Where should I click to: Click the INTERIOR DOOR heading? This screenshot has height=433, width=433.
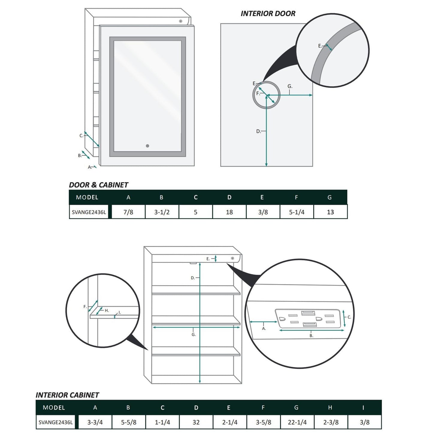(x=268, y=13)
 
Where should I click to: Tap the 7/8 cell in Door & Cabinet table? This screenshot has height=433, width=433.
(x=128, y=212)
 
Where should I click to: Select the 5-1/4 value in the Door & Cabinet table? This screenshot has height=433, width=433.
(x=297, y=212)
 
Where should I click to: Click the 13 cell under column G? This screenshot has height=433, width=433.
(x=330, y=212)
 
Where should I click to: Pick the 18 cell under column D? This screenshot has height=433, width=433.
(x=229, y=212)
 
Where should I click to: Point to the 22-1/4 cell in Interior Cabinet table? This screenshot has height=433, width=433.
(x=297, y=422)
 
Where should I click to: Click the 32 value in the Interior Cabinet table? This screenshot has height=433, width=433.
(x=196, y=422)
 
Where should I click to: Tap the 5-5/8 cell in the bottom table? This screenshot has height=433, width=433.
(x=129, y=422)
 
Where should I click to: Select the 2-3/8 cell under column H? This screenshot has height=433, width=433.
(x=331, y=422)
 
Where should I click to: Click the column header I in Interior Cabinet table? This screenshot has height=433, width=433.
(x=363, y=408)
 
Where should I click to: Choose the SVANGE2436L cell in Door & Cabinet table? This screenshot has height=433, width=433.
(x=89, y=212)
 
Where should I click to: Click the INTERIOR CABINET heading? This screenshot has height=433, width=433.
(x=67, y=395)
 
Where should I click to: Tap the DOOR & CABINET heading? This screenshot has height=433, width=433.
(x=98, y=185)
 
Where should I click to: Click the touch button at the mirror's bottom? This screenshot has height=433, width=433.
(x=147, y=146)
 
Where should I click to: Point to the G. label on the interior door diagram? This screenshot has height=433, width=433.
(x=290, y=86)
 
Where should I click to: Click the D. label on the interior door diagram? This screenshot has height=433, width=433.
(x=259, y=131)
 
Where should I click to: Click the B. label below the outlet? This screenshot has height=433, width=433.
(x=311, y=336)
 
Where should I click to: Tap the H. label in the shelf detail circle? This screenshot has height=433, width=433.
(x=107, y=310)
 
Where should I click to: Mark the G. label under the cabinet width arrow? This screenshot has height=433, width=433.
(x=194, y=335)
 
